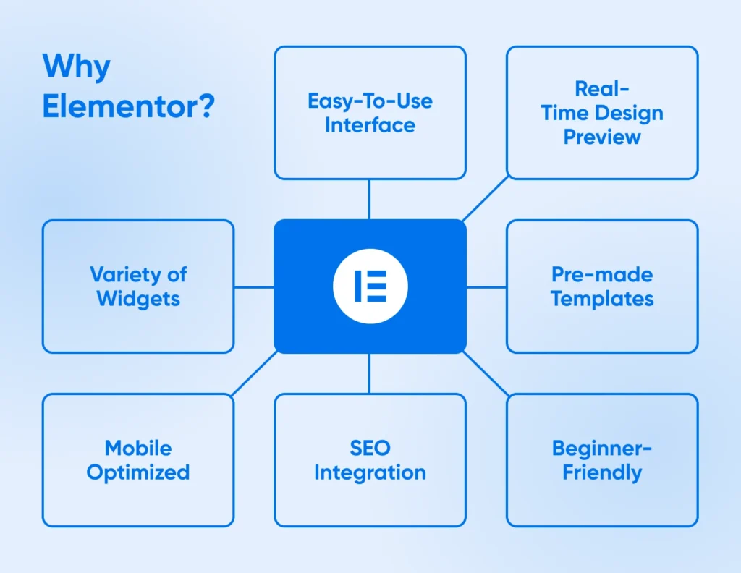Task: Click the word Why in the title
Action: pos(77,67)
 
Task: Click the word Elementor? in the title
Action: pos(129,106)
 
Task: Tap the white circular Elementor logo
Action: pos(370,286)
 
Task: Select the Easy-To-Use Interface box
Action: pos(370,112)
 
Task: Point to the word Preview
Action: pos(602,137)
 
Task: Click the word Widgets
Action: pos(138,299)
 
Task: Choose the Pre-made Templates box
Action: pos(602,286)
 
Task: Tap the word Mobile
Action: pos(138,449)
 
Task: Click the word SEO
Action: pos(370,449)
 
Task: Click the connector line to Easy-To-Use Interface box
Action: pos(370,200)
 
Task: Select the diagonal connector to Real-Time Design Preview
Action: pos(486,198)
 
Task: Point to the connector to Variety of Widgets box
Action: pos(254,286)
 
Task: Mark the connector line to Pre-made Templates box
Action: pos(486,286)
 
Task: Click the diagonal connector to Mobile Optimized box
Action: pos(254,373)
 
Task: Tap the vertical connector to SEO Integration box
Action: pos(370,373)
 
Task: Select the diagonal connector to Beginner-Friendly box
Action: pos(486,373)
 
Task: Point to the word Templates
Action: pos(602,299)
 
